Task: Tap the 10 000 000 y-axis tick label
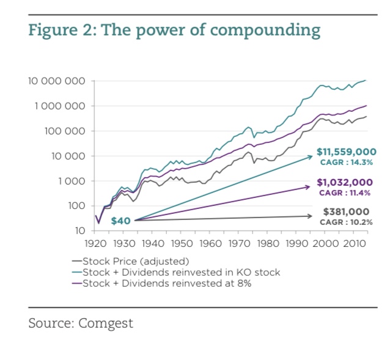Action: tap(55, 81)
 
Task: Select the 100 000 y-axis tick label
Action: tap(63, 131)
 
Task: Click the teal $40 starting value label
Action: tap(120, 221)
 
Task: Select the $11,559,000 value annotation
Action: tap(347, 151)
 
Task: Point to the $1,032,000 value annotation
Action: tap(344, 182)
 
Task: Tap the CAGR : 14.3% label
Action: tap(346, 162)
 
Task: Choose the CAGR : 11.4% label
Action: tap(346, 193)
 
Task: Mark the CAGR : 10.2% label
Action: tap(346, 222)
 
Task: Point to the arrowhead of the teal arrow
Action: tap(312, 156)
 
